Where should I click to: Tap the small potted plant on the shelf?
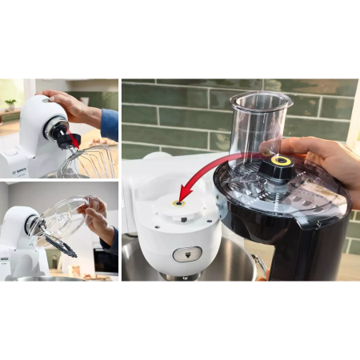[x=10, y=104]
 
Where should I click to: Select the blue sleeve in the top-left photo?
[x=110, y=124]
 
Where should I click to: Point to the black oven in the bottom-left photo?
[x=104, y=260]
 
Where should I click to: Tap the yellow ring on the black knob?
[x=280, y=161]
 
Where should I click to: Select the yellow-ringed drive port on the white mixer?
[x=177, y=205]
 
